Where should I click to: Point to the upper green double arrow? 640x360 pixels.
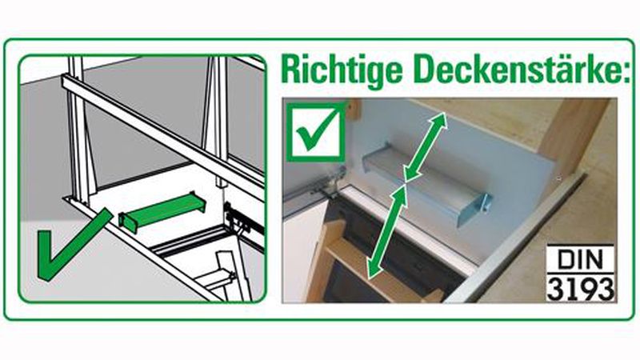[425, 146]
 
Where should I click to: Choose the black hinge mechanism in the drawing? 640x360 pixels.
[242, 216]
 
